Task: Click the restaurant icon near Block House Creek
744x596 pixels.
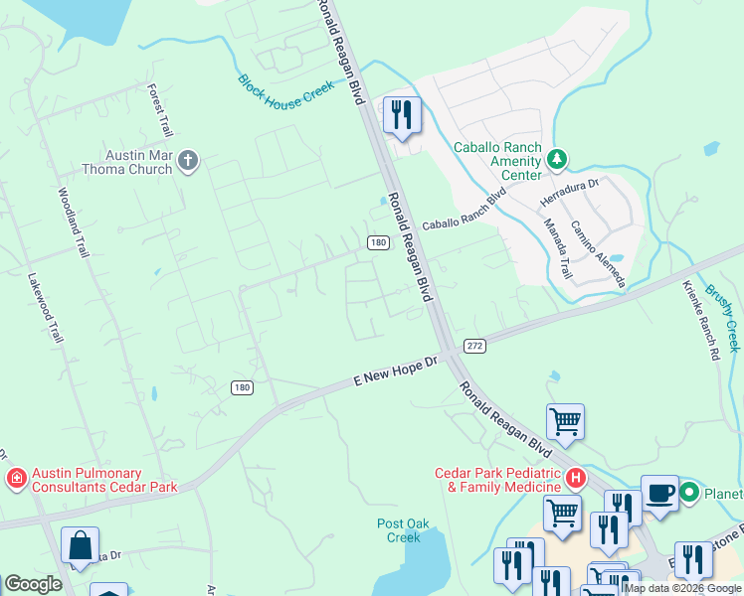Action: (x=401, y=115)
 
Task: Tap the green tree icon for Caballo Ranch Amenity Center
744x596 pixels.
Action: (x=558, y=159)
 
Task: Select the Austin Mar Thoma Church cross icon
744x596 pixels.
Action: (x=188, y=160)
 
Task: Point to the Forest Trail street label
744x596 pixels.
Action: (x=160, y=110)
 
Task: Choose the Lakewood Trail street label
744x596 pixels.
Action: (x=46, y=308)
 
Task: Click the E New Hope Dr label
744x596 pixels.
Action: (x=396, y=373)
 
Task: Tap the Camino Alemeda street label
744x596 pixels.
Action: (x=597, y=254)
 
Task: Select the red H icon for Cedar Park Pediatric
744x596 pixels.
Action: (x=574, y=479)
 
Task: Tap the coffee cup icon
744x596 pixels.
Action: (x=659, y=493)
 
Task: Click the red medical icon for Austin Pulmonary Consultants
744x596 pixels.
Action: (x=16, y=481)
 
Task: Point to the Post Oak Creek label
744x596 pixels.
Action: (x=404, y=530)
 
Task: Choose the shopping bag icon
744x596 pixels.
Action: (x=80, y=545)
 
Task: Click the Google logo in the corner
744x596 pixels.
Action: (x=33, y=583)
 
